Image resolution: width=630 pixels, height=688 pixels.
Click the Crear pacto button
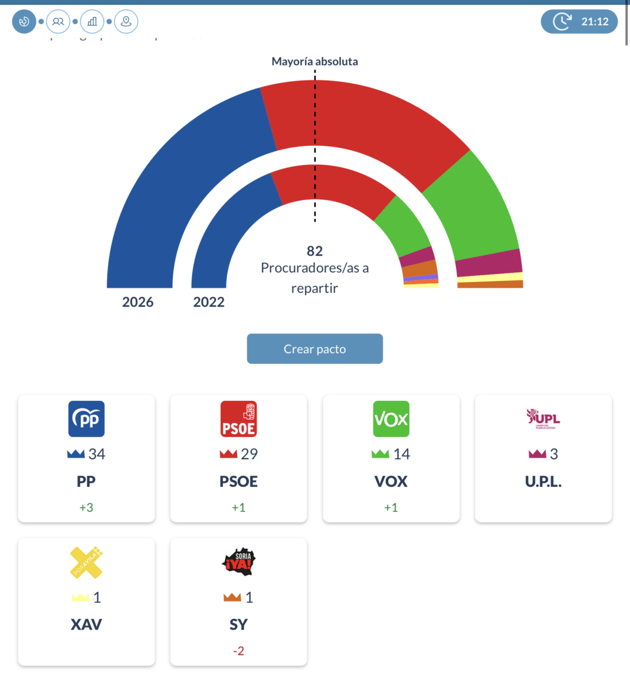point(314,349)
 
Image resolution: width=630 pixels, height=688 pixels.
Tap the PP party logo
point(86,419)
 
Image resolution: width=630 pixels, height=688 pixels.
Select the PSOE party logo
point(238,419)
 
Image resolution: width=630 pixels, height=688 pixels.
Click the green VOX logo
point(391,419)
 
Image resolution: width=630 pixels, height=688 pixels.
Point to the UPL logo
point(543,419)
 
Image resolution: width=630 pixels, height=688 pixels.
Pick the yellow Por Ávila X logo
point(86,562)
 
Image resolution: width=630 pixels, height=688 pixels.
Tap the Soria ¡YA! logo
point(238,562)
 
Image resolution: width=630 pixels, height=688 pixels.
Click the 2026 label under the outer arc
point(137,302)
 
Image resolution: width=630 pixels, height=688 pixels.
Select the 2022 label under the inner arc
point(209,302)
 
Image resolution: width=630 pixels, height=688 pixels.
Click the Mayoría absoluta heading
point(314,61)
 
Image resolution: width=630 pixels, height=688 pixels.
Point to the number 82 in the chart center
point(314,251)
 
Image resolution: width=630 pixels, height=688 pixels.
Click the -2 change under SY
point(238,651)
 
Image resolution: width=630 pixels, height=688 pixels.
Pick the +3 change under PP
point(86,508)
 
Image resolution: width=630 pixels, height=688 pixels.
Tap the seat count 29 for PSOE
point(249,454)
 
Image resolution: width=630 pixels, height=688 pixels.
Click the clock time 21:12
point(595,22)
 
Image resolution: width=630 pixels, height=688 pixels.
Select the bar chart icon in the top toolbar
point(92,22)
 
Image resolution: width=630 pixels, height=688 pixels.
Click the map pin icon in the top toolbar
point(126,22)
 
